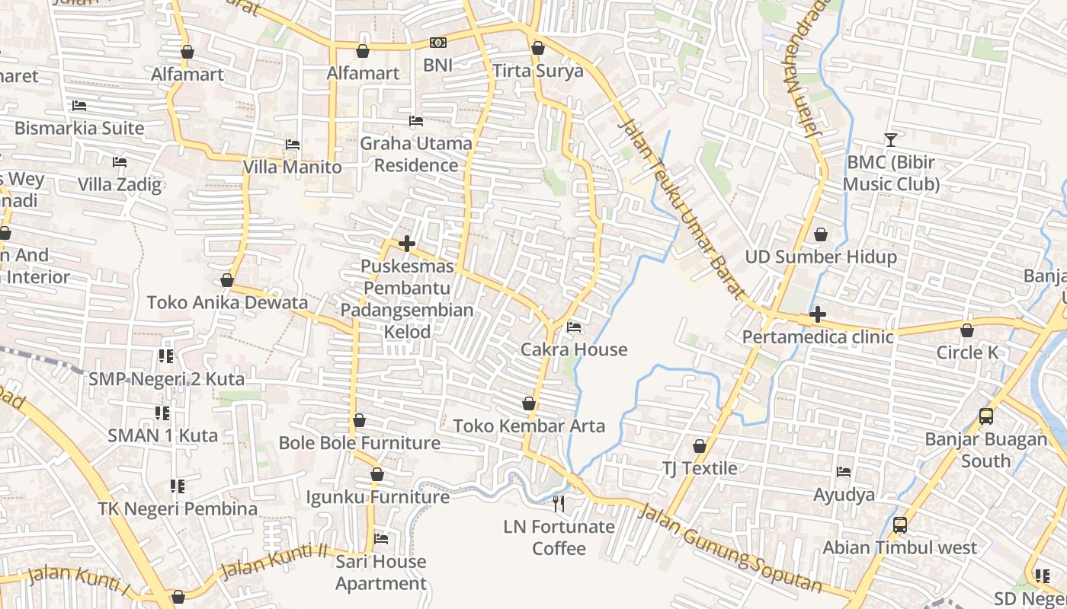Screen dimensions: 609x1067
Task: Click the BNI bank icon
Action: tap(437, 43)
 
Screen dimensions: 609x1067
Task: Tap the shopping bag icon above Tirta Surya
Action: tap(538, 48)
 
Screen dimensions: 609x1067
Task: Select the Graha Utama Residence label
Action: tap(416, 154)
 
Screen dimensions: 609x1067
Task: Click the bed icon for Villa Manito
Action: tap(293, 145)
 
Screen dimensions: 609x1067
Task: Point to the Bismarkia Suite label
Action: tap(79, 128)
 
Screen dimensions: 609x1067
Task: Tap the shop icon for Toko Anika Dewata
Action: tap(226, 281)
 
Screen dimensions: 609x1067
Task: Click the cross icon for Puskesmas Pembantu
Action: tap(407, 244)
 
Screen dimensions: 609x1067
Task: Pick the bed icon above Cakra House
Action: tap(574, 327)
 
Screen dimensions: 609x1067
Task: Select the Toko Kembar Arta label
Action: tap(529, 426)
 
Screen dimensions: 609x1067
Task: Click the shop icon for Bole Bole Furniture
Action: tap(359, 421)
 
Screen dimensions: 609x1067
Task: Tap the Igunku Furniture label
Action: tap(377, 497)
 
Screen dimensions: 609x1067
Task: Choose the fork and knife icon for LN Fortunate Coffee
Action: tap(559, 503)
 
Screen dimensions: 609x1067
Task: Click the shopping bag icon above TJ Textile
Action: tap(699, 446)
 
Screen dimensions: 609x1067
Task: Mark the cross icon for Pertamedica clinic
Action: tap(817, 314)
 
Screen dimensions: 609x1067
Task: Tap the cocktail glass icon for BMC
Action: tap(890, 139)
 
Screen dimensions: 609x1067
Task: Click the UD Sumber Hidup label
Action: tap(821, 257)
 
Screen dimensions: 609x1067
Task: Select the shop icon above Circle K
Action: tap(966, 330)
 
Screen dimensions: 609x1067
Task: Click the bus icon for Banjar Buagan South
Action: tap(985, 416)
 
